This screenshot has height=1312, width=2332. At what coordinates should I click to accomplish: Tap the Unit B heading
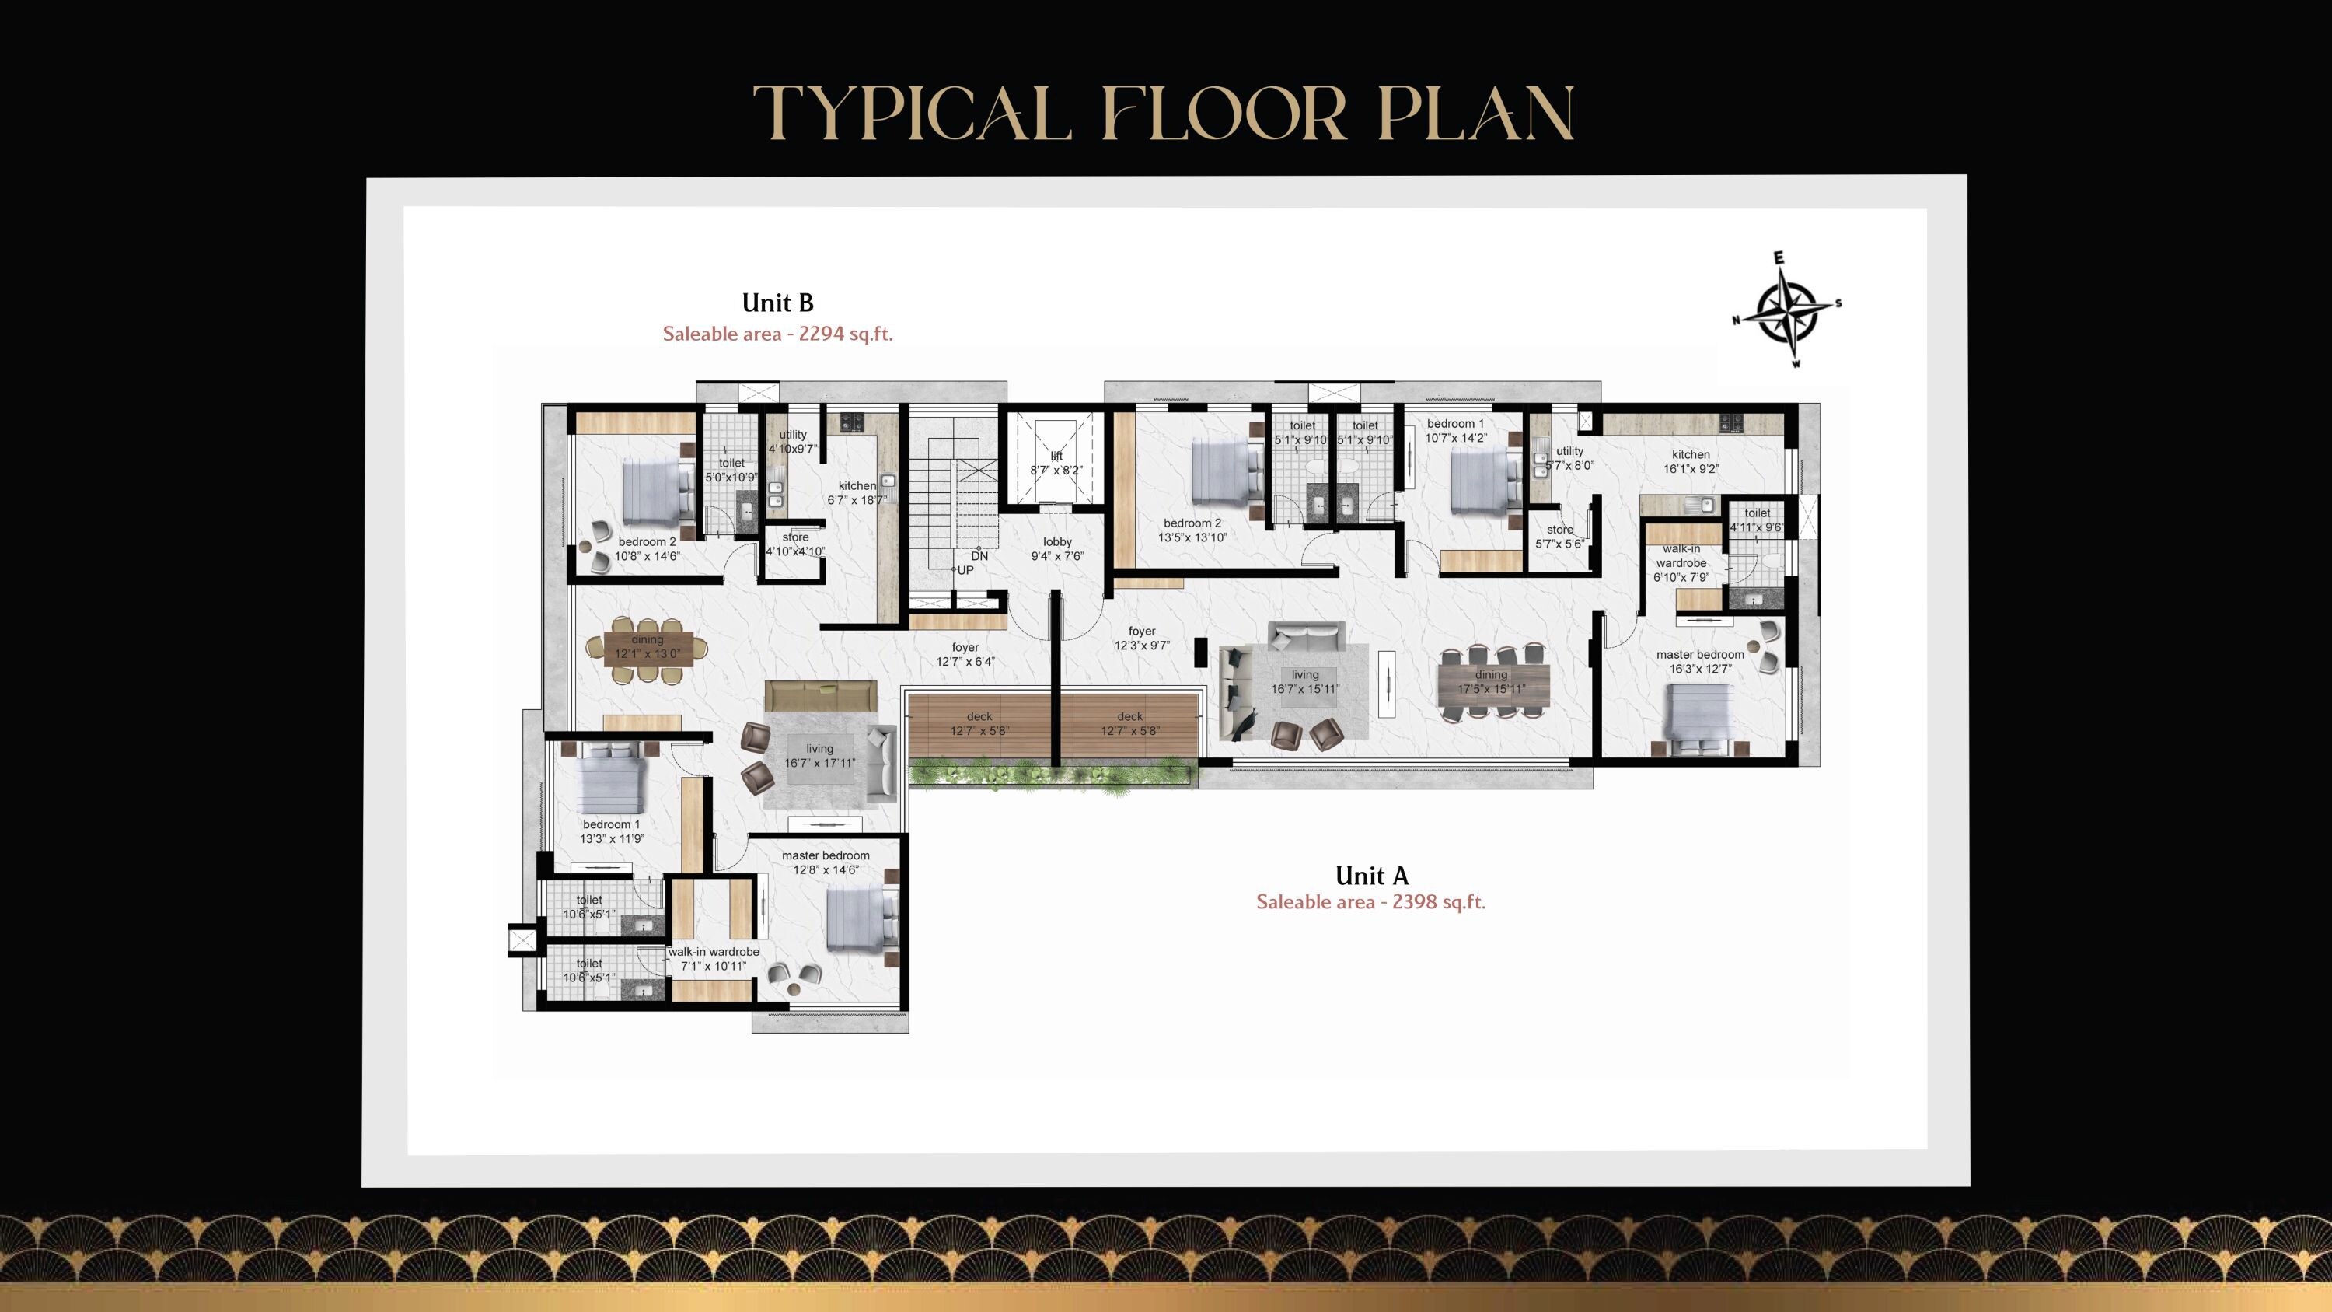tap(777, 303)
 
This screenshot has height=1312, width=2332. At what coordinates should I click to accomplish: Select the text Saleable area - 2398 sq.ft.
tap(1370, 902)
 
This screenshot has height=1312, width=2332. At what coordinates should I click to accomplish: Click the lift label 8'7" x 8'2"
tap(1056, 464)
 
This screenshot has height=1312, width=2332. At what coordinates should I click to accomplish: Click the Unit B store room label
tap(795, 544)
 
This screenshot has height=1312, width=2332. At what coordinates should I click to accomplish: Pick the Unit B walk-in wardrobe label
tap(714, 959)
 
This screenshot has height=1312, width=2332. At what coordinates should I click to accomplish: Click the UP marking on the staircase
tap(965, 570)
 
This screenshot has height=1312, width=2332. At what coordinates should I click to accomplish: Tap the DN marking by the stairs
tap(979, 556)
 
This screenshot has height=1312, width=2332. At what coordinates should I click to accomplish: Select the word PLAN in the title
tap(1475, 114)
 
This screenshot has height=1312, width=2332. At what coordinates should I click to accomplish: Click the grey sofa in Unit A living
tap(1305, 635)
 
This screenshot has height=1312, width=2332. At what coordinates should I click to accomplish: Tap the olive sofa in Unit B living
tap(820, 695)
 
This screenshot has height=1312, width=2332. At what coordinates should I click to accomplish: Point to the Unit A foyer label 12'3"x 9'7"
tap(1142, 639)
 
